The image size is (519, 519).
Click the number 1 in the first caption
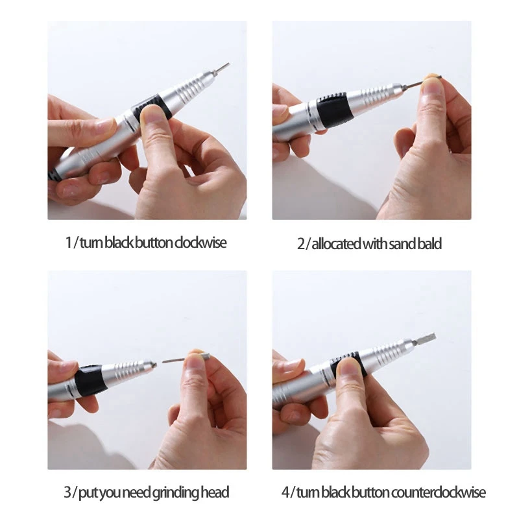[x=69, y=243]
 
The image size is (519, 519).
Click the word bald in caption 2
[x=429, y=244]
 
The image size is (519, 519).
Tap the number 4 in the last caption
[x=285, y=492]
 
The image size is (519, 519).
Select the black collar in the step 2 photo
[x=335, y=111]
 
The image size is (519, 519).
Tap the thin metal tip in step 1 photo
[x=221, y=67]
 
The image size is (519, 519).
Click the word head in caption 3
[x=216, y=493]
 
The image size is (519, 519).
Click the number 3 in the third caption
[x=67, y=493]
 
